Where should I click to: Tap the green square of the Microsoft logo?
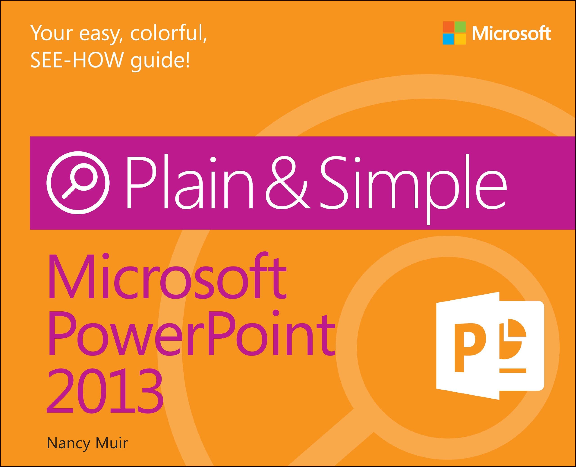tap(460, 27)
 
